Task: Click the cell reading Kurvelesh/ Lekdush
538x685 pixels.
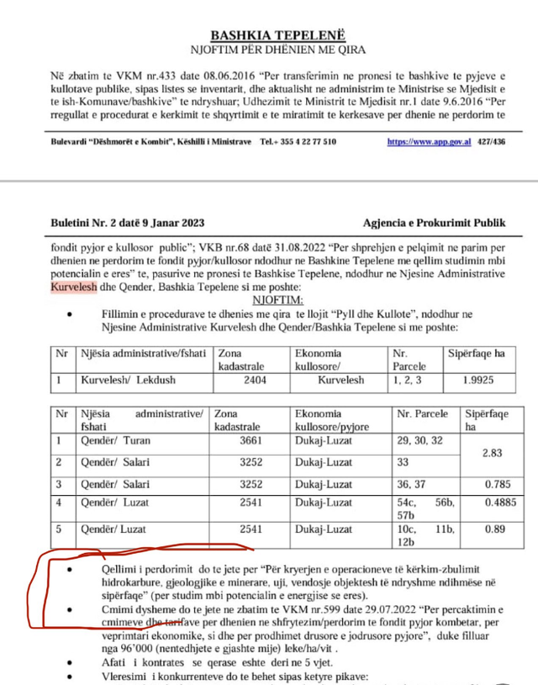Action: coord(129,380)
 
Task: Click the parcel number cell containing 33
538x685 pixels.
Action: coord(403,461)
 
